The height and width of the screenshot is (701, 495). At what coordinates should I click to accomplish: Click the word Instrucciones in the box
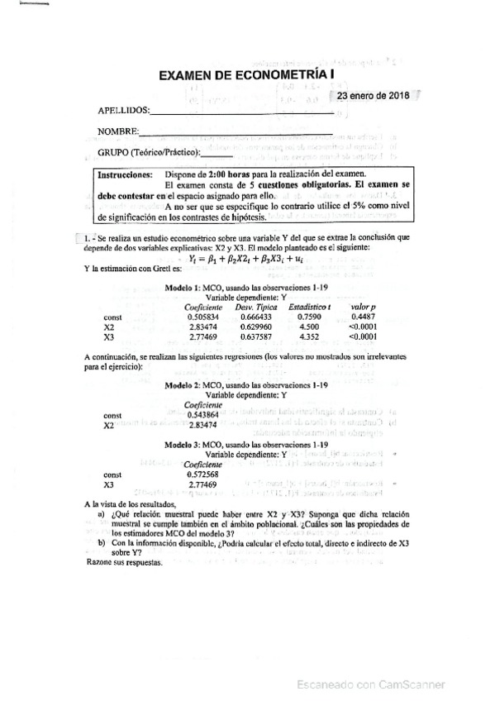pos(125,176)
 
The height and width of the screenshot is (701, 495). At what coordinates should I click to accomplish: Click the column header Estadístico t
pos(310,307)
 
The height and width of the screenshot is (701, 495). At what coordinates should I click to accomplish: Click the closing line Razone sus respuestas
pos(124,565)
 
